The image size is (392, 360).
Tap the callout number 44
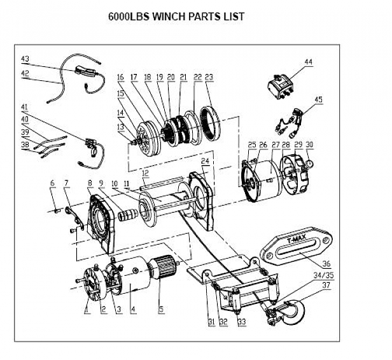click(x=308, y=62)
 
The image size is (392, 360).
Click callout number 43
click(x=25, y=59)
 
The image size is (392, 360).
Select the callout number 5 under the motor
click(x=162, y=312)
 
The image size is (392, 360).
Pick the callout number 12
click(x=145, y=173)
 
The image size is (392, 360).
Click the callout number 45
click(x=318, y=100)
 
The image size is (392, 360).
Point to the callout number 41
click(x=25, y=106)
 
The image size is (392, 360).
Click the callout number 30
click(x=309, y=145)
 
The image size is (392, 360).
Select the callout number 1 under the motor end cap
click(x=87, y=312)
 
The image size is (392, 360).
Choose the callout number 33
click(x=241, y=322)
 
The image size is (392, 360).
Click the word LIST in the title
click(x=230, y=16)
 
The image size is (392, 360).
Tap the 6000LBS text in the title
click(x=127, y=16)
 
